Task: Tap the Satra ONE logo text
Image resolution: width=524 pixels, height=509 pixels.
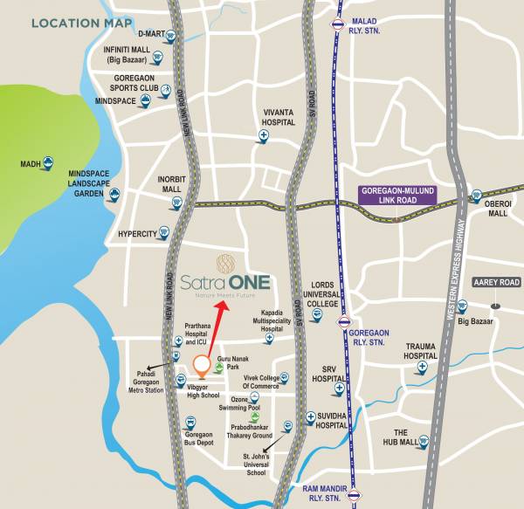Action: [225, 284]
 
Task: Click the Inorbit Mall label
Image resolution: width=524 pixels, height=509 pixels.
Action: [169, 184]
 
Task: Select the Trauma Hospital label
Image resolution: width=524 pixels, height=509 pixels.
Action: [420, 352]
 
